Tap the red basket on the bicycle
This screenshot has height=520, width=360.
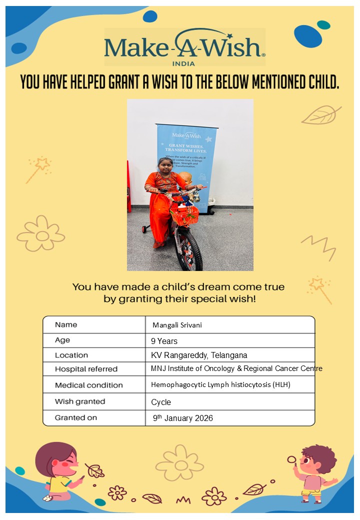[184, 213]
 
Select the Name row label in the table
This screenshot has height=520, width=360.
[66, 325]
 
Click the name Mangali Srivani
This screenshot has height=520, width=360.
[177, 325]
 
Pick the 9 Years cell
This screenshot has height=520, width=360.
[164, 341]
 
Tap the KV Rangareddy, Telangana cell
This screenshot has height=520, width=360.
[199, 355]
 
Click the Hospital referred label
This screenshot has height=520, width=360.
[86, 369]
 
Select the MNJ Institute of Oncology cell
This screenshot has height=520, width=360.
[236, 368]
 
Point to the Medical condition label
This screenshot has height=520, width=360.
[88, 385]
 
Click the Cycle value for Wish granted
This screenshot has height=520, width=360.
[161, 402]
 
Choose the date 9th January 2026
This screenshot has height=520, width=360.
[182, 418]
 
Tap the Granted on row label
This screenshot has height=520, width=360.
[76, 417]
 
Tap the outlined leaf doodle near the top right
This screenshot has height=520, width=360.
[321, 115]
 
